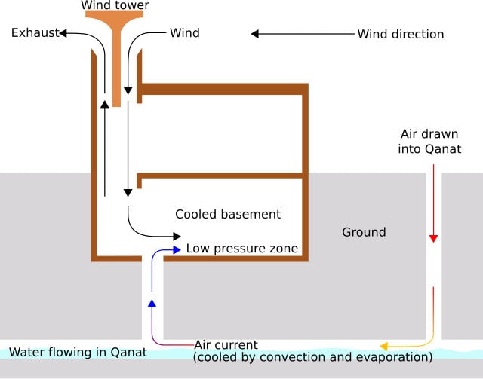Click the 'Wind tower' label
115,5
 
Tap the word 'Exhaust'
35,32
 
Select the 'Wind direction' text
401,34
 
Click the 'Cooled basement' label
228,214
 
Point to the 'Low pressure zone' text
242,248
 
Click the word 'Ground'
364,232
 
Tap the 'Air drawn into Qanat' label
429,142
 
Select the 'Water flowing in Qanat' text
78,352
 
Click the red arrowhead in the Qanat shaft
433,239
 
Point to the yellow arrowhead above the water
384,346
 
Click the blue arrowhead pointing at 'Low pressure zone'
177,250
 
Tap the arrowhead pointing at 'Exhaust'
63,33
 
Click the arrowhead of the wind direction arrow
255,34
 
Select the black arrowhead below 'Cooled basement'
177,237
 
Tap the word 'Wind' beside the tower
184,33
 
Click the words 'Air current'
226,345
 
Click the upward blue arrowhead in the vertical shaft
152,304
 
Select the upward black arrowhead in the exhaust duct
105,104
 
